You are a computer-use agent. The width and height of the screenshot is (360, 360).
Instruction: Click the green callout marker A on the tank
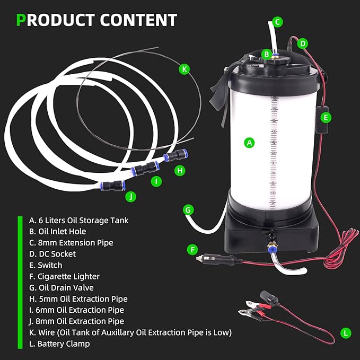tap(249, 142)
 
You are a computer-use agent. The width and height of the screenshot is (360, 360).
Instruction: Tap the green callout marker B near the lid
tap(266, 54)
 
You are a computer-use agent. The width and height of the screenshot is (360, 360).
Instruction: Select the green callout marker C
tap(278, 22)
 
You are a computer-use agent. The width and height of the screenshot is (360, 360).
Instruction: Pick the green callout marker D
tap(302, 43)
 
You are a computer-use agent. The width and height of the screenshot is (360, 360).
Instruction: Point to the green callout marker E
tap(326, 117)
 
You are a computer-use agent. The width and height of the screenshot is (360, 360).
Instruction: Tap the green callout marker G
tap(187, 209)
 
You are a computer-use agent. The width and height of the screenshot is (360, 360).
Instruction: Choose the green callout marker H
tap(180, 170)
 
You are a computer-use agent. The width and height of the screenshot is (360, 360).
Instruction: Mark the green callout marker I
tap(156, 181)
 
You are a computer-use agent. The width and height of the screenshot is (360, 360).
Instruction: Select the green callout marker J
tap(130, 197)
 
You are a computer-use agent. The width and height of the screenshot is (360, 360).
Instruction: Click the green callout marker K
tap(184, 69)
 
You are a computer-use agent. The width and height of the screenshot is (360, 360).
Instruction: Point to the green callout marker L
tap(346, 333)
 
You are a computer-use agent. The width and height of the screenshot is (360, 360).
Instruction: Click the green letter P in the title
tap(21, 20)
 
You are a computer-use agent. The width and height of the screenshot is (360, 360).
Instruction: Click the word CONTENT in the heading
tap(138, 20)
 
